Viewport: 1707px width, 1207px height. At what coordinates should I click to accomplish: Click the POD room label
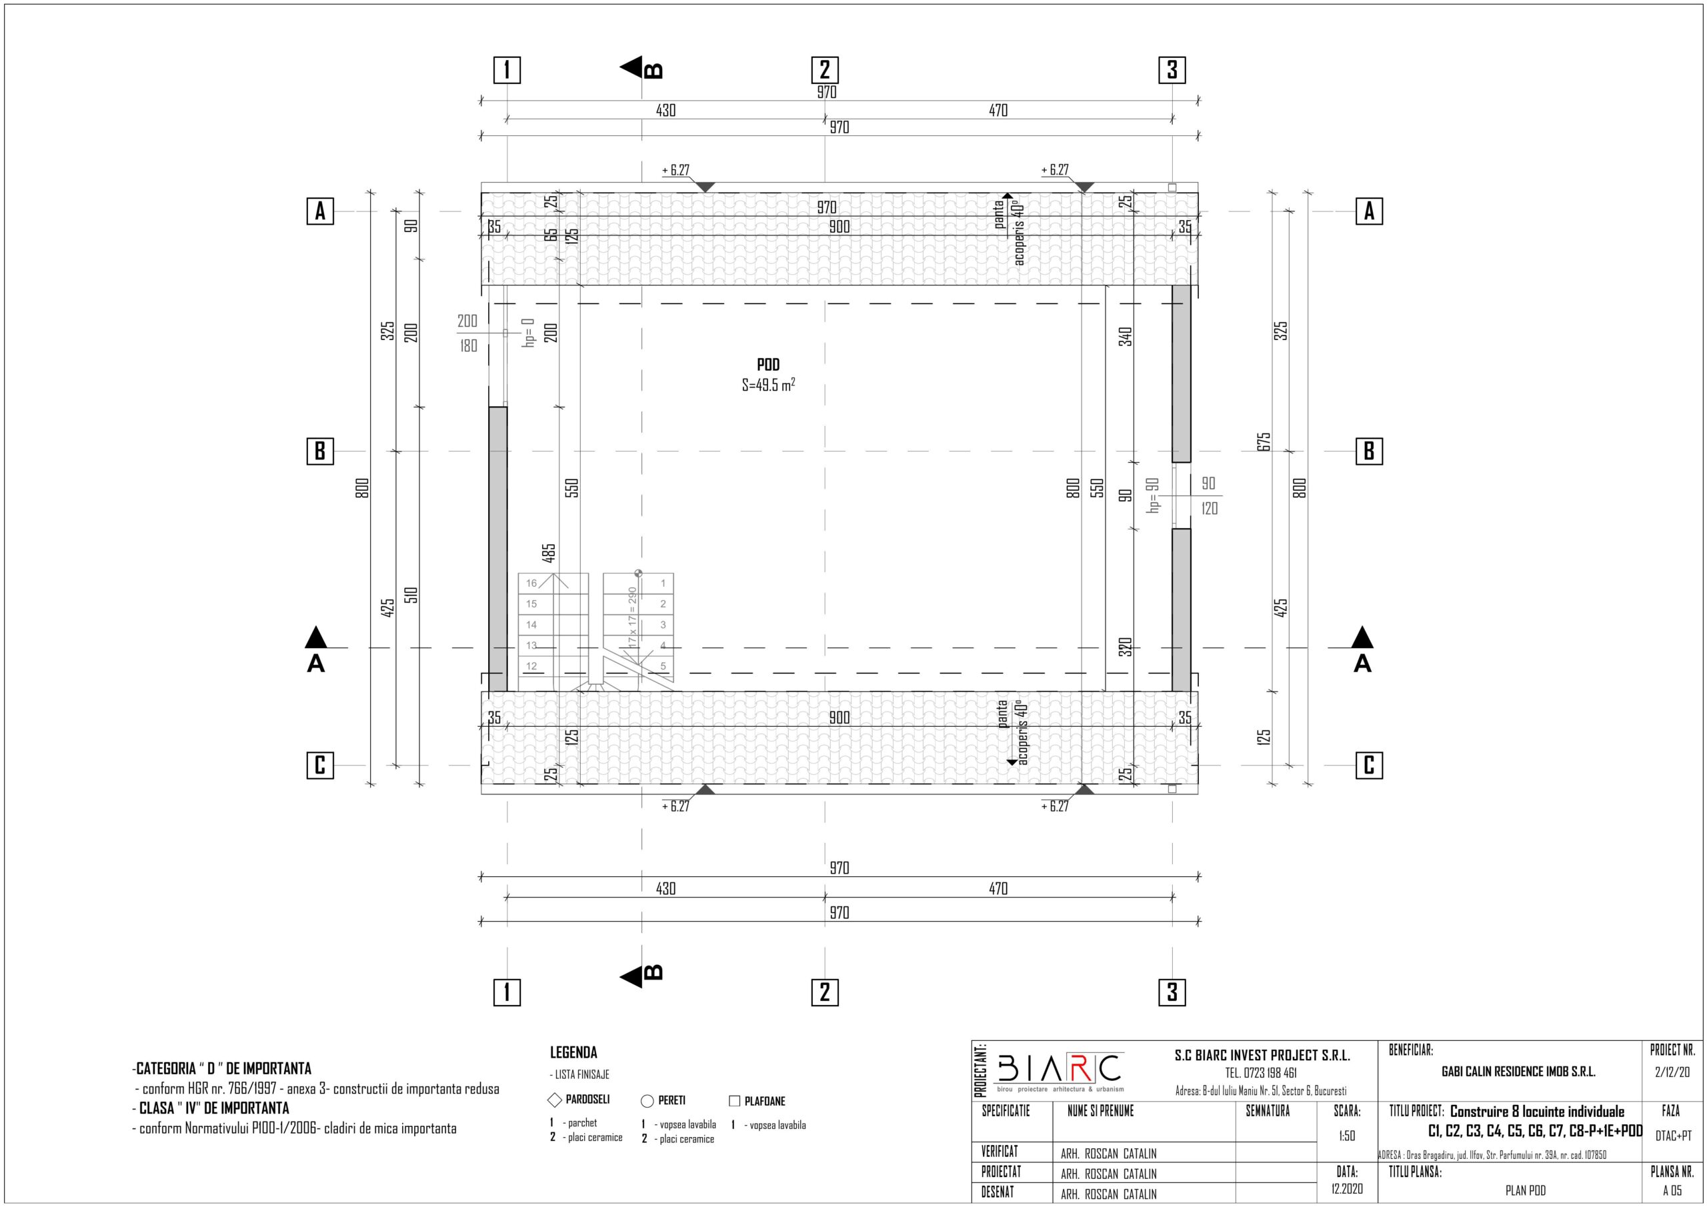pyautogui.click(x=768, y=365)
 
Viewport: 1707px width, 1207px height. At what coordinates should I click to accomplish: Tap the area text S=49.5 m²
pyautogui.click(x=769, y=385)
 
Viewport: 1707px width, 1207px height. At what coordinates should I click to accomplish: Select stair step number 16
pyautogui.click(x=531, y=583)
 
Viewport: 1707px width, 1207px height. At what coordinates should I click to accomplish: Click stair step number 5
pyautogui.click(x=663, y=666)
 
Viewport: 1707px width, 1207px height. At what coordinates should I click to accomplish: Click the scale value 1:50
pyautogui.click(x=1346, y=1136)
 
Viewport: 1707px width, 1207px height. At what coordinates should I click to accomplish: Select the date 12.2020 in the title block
pyautogui.click(x=1347, y=1188)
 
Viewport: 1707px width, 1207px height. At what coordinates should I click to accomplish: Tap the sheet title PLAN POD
pyautogui.click(x=1526, y=1190)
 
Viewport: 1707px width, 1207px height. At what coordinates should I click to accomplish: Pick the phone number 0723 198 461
pyautogui.click(x=1261, y=1073)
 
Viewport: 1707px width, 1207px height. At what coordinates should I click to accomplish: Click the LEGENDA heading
pyautogui.click(x=573, y=1052)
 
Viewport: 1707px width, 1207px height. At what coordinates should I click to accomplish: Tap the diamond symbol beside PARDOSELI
pyautogui.click(x=555, y=1100)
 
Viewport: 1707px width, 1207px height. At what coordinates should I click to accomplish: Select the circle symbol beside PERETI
pyautogui.click(x=647, y=1102)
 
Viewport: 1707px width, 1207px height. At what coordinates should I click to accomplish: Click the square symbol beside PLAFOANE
pyautogui.click(x=735, y=1101)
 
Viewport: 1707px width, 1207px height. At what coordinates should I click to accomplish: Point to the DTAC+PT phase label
pyautogui.click(x=1673, y=1136)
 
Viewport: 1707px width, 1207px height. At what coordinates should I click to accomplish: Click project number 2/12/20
pyautogui.click(x=1672, y=1072)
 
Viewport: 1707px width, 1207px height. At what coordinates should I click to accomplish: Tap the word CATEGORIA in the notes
pyautogui.click(x=166, y=1069)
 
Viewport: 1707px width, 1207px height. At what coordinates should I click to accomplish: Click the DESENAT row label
pyautogui.click(x=998, y=1192)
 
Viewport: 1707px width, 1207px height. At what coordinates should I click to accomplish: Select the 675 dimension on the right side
pyautogui.click(x=1264, y=441)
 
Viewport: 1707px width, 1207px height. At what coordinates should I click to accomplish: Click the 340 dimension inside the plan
pyautogui.click(x=1126, y=336)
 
